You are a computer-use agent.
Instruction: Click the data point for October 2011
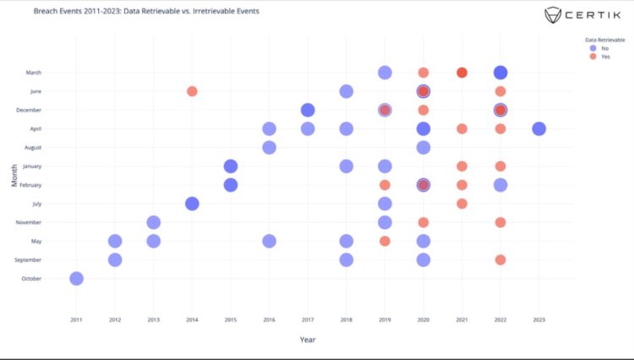tap(76, 278)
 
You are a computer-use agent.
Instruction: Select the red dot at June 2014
tap(192, 91)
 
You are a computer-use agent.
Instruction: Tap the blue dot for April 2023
tap(538, 128)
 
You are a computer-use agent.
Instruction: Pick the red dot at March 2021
tap(462, 73)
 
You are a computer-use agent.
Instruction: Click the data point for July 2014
tap(192, 204)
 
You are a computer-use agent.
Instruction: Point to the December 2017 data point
tap(308, 110)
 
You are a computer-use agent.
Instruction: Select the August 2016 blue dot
tap(269, 147)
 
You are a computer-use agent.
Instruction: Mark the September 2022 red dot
tap(500, 259)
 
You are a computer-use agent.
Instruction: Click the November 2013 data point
tap(153, 222)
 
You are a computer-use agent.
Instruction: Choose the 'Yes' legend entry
tap(604, 57)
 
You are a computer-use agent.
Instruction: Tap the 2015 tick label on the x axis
tap(230, 319)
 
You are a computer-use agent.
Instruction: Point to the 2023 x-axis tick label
tap(538, 319)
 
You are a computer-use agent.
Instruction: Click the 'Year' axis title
tap(308, 340)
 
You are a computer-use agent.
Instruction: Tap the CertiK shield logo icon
tap(530, 15)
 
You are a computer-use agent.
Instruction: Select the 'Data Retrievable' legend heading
tap(606, 39)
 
